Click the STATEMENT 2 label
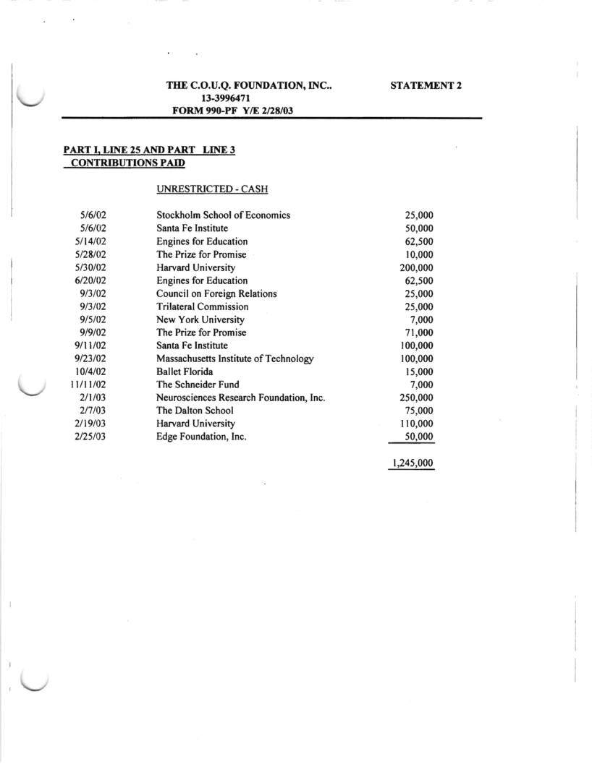(426, 85)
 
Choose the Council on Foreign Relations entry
(216, 293)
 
